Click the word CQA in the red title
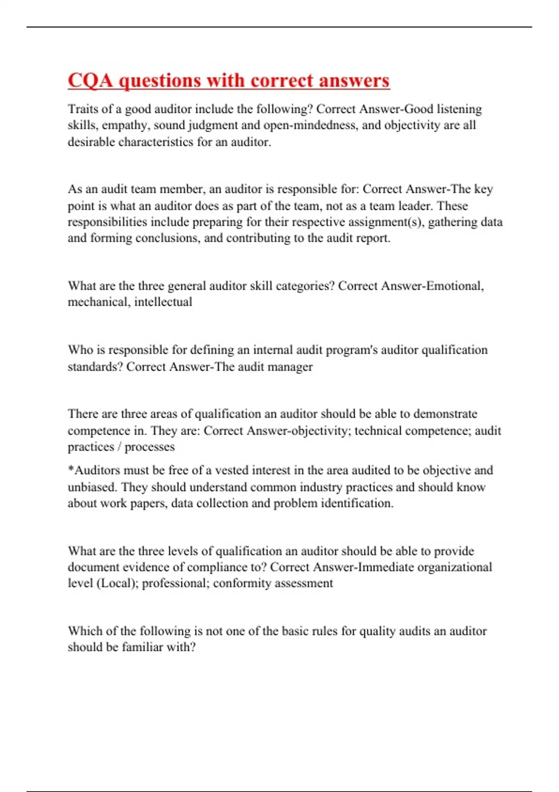pos(90,81)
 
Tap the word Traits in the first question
pos(82,109)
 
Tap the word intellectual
pos(163,302)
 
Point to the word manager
pos(289,367)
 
